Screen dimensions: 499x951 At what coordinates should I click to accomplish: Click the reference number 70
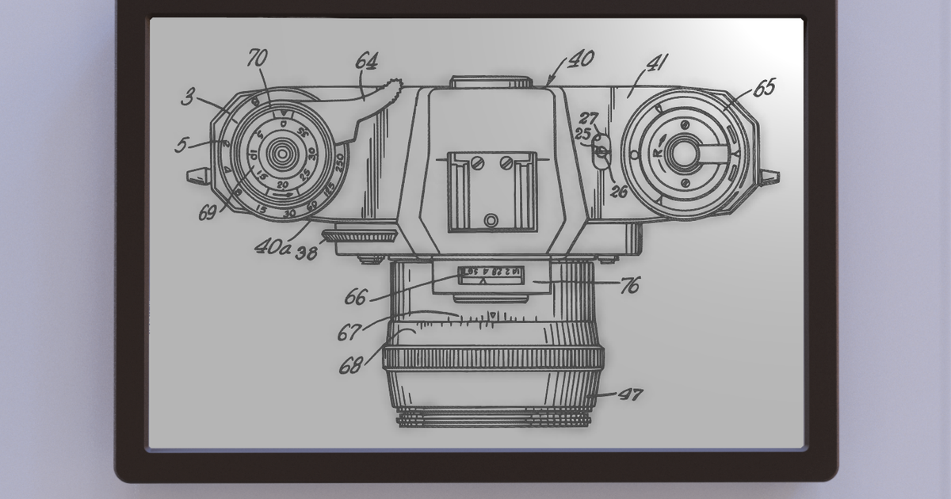point(258,59)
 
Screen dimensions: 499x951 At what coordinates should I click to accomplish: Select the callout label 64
point(366,62)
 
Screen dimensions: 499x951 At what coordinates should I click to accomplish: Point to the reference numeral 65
point(763,87)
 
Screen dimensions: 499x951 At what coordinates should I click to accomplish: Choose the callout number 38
point(307,253)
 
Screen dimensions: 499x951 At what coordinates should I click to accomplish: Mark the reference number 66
point(355,299)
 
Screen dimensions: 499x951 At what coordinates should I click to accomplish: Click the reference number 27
point(589,119)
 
